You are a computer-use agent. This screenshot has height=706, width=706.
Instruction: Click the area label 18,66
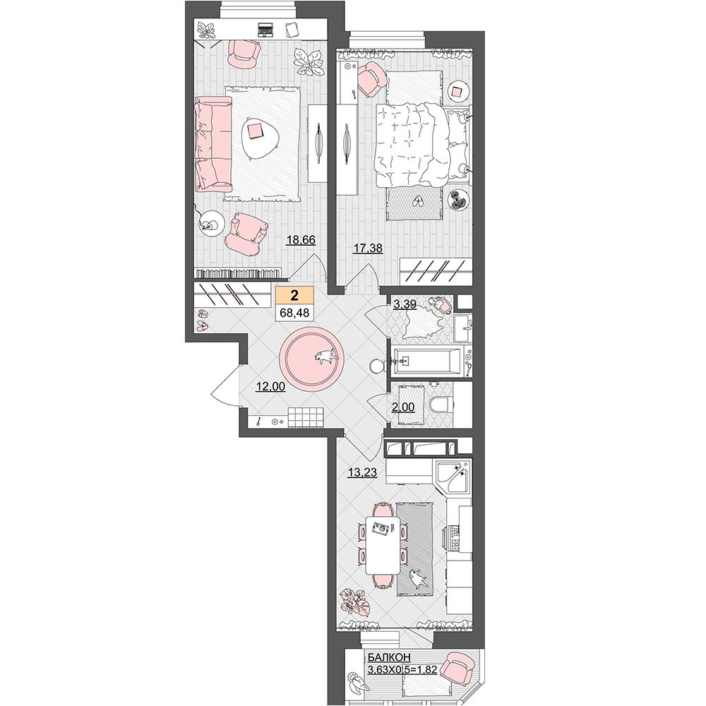click(x=301, y=240)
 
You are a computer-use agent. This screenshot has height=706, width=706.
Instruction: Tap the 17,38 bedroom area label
click(x=368, y=248)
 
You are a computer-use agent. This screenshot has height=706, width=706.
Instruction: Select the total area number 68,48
click(x=294, y=312)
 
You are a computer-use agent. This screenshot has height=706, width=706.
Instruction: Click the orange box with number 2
click(x=294, y=295)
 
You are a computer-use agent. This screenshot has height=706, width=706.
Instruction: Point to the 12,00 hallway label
click(x=270, y=386)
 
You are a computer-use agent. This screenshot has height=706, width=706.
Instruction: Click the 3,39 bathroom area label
click(x=405, y=304)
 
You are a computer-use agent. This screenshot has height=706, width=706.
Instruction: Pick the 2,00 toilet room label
click(x=403, y=407)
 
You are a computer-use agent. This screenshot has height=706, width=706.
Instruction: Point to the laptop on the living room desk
click(x=264, y=30)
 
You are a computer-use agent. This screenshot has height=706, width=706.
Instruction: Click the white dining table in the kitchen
click(x=382, y=544)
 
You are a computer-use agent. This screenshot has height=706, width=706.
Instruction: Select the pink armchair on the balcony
click(x=455, y=668)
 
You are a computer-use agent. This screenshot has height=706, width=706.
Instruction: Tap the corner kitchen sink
click(x=453, y=477)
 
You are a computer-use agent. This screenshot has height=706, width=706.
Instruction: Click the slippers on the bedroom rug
click(x=418, y=201)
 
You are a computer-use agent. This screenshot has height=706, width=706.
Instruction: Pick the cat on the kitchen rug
click(x=417, y=578)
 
